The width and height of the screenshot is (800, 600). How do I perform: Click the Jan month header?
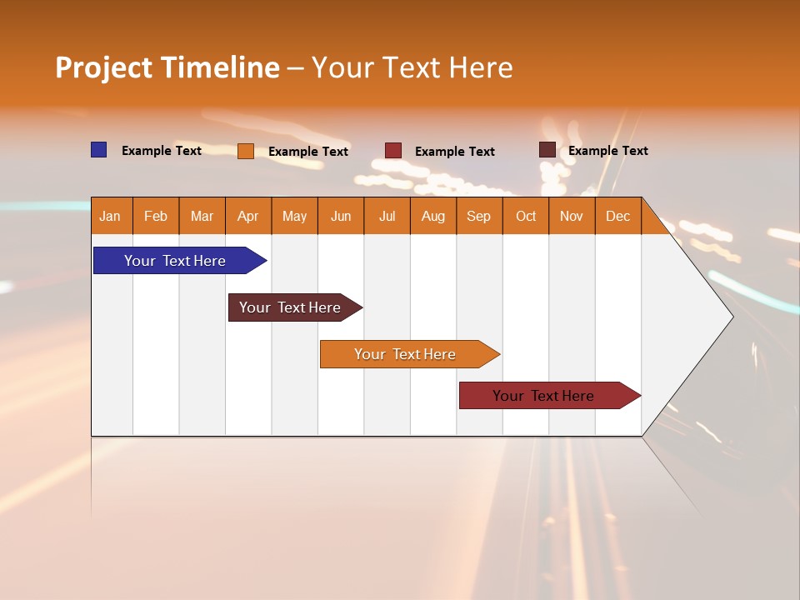pyautogui.click(x=111, y=216)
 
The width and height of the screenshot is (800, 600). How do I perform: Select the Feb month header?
pyautogui.click(x=156, y=216)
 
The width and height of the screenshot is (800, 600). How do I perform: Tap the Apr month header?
pyautogui.click(x=247, y=216)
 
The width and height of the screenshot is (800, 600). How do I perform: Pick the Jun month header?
pyautogui.click(x=341, y=216)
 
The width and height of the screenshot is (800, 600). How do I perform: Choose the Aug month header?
pyautogui.click(x=432, y=216)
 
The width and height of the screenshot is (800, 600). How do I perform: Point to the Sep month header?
pyautogui.click(x=478, y=216)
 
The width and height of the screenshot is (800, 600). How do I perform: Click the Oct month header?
pyautogui.click(x=526, y=216)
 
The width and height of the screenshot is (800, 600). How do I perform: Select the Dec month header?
pyautogui.click(x=617, y=216)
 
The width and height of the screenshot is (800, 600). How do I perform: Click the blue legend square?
pyautogui.click(x=99, y=150)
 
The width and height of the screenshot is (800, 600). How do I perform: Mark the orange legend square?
pyautogui.click(x=246, y=151)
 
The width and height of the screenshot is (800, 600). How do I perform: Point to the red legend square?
pyautogui.click(x=393, y=151)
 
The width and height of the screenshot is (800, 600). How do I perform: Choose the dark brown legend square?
pyautogui.click(x=547, y=150)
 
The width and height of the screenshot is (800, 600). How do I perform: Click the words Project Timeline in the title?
pyautogui.click(x=167, y=67)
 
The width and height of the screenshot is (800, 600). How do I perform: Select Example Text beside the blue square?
pyautogui.click(x=162, y=151)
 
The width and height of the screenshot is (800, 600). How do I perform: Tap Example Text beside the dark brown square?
pyautogui.click(x=608, y=151)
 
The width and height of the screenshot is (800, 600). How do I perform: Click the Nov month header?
pyautogui.click(x=572, y=216)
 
